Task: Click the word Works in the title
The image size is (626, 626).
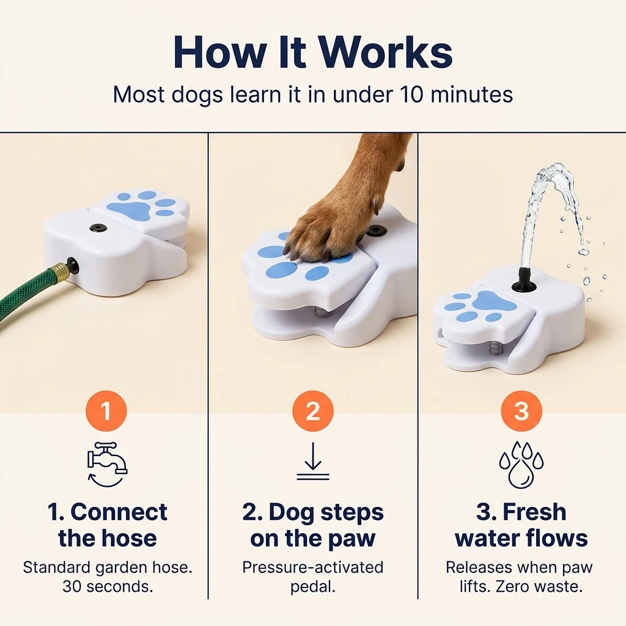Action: tap(386, 53)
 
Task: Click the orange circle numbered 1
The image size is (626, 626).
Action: tap(106, 411)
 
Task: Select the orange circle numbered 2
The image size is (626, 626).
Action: tap(313, 411)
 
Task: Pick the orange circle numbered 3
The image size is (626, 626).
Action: tap(521, 411)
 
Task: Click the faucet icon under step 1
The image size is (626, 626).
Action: tap(106, 465)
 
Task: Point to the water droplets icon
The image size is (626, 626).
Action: tap(521, 465)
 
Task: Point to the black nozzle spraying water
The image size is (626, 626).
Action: tap(521, 276)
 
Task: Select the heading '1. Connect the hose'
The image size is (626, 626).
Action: tap(107, 525)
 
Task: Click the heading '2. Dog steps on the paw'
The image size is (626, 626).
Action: tap(313, 525)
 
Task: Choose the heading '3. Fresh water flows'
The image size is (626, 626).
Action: tap(521, 525)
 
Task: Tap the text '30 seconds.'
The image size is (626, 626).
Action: tap(108, 586)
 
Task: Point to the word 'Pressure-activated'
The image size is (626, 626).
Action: tap(313, 567)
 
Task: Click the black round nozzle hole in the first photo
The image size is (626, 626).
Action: tap(97, 227)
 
